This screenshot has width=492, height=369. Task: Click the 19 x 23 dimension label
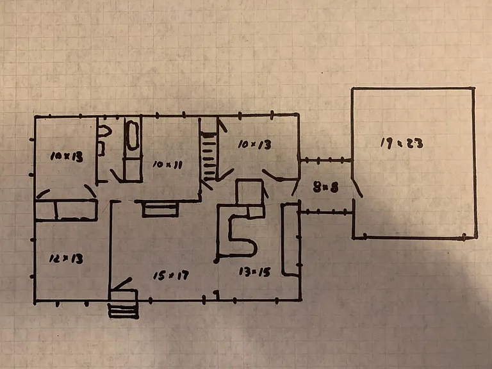402,143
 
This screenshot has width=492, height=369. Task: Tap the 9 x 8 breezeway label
326,187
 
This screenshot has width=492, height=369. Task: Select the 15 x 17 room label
171,275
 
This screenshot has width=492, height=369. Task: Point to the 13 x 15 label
254,272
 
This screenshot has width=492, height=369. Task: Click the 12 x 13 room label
66,259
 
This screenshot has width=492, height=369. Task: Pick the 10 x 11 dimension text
168,165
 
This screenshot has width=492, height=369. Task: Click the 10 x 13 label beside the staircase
254,144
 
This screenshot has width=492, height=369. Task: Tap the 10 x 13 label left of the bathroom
67,156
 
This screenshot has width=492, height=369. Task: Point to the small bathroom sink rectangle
101,149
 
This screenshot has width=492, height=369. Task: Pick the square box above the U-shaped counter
249,192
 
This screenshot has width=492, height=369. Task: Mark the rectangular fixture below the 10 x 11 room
160,209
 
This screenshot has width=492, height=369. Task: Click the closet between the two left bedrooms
66,210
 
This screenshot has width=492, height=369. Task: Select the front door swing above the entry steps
122,284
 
